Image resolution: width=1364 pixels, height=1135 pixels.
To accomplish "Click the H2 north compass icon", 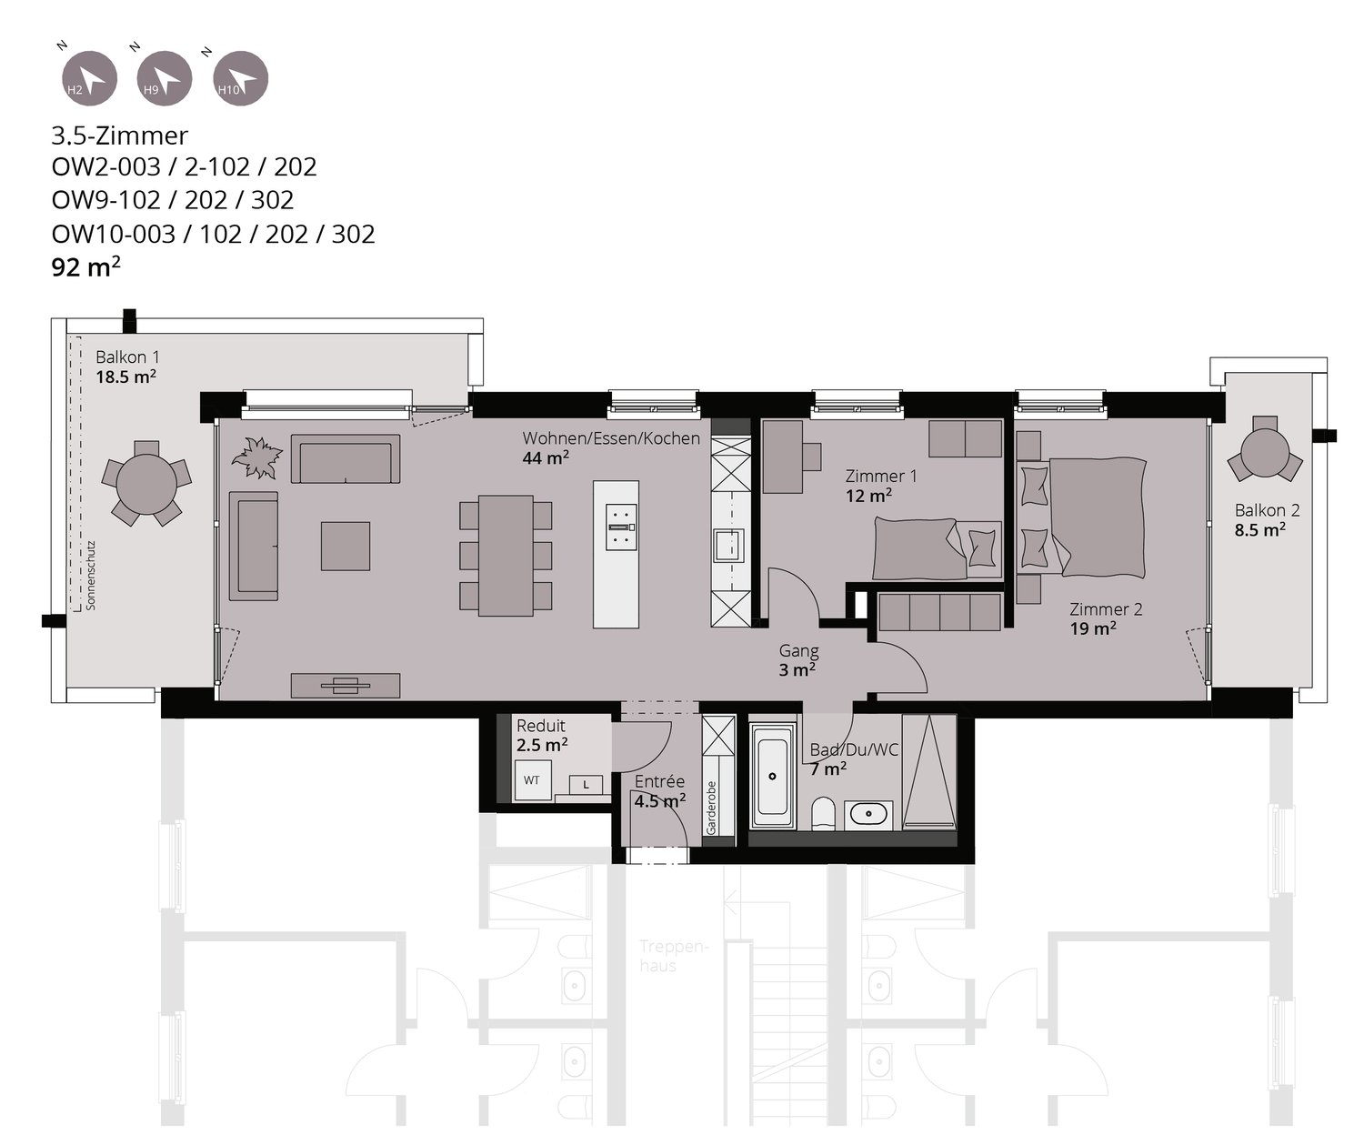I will (x=88, y=78).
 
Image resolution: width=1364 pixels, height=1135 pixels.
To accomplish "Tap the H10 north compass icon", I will (x=240, y=78).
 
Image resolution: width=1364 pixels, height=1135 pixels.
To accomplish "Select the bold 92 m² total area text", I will (x=86, y=268).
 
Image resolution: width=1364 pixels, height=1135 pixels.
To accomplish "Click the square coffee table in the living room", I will (x=345, y=546).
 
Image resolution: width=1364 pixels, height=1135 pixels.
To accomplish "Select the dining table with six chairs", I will (x=506, y=555).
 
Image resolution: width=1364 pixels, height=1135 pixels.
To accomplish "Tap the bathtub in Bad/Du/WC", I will (x=773, y=776).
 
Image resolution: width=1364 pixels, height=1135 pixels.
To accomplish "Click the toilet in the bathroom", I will (x=823, y=812).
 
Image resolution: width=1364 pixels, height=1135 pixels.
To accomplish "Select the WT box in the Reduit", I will (x=532, y=780).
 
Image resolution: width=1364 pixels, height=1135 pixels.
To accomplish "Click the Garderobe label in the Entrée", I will (x=711, y=807).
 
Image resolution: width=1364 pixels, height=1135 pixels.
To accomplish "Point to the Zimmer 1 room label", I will (x=881, y=476).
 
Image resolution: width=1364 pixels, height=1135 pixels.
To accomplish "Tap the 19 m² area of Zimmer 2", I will (x=1093, y=628).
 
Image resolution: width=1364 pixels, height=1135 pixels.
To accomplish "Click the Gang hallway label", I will (x=798, y=651).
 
